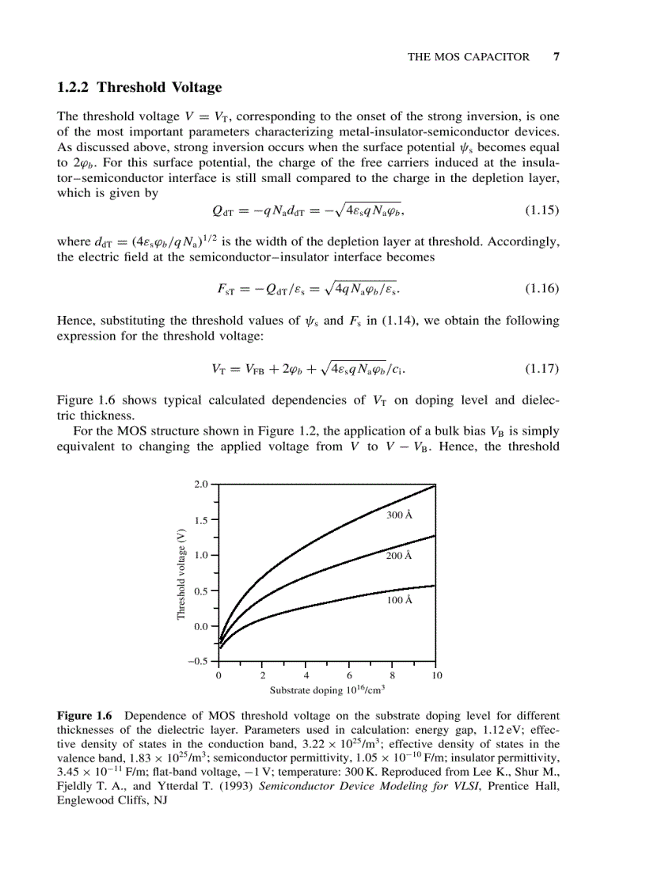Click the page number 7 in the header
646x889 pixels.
coord(556,57)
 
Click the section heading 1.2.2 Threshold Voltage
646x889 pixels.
coord(139,87)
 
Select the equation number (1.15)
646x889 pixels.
coord(542,211)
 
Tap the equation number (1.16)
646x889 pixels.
coord(542,288)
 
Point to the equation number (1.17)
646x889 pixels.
coord(542,369)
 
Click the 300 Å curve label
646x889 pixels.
coord(399,515)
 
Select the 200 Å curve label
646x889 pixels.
coord(399,556)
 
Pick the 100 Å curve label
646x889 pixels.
coord(399,601)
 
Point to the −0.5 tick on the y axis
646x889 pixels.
coord(199,662)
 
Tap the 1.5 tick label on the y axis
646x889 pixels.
coord(201,520)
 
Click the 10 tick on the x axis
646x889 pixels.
coord(436,675)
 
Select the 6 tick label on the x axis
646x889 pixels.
coord(349,675)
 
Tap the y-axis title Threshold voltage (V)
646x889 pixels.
coord(180,573)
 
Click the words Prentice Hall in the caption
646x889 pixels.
coord(529,786)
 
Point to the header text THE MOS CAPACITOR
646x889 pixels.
coord(468,57)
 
